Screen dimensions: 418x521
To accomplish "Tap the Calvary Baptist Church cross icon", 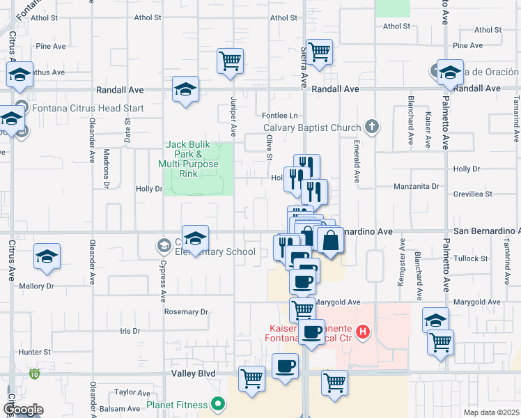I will pos(373,127).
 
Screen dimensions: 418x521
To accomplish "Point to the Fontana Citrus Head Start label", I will pos(86,108).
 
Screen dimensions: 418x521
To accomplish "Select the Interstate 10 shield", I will pos(35,375).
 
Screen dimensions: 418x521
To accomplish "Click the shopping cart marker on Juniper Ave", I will pos(230,60).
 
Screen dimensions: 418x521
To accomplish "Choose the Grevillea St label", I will pos(473,194).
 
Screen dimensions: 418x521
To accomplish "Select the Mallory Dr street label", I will pos(36,286).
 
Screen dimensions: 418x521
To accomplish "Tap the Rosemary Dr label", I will pos(186,311).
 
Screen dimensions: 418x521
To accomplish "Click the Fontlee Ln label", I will pos(279,115).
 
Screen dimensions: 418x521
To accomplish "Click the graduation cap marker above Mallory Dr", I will pos(47,257).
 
